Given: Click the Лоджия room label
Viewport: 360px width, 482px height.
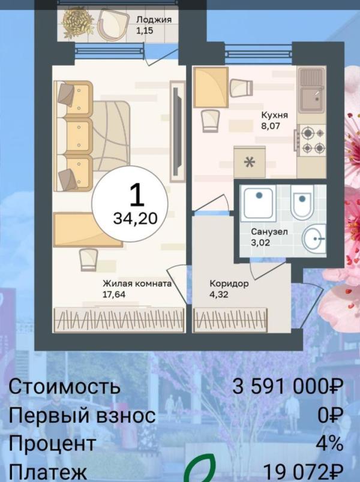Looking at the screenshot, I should tap(154, 19).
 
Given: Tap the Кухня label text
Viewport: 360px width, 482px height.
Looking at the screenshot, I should tap(275, 115).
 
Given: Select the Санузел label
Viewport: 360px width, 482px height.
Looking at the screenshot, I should tap(269, 231).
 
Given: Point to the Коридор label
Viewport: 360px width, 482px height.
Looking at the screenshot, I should tap(229, 284).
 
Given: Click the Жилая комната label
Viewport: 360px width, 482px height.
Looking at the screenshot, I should tap(137, 284).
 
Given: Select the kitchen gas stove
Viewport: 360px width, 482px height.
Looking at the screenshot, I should tap(312, 140).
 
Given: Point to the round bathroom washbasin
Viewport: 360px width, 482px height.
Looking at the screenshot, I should tap(313, 240).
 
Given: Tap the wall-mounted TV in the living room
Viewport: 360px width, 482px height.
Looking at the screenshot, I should tap(176, 132).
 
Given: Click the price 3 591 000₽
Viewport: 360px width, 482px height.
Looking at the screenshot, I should tap(287, 387).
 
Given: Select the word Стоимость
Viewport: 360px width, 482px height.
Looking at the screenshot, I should tap(64, 387).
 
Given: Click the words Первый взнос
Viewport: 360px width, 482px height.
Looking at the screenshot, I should tap(82, 415).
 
